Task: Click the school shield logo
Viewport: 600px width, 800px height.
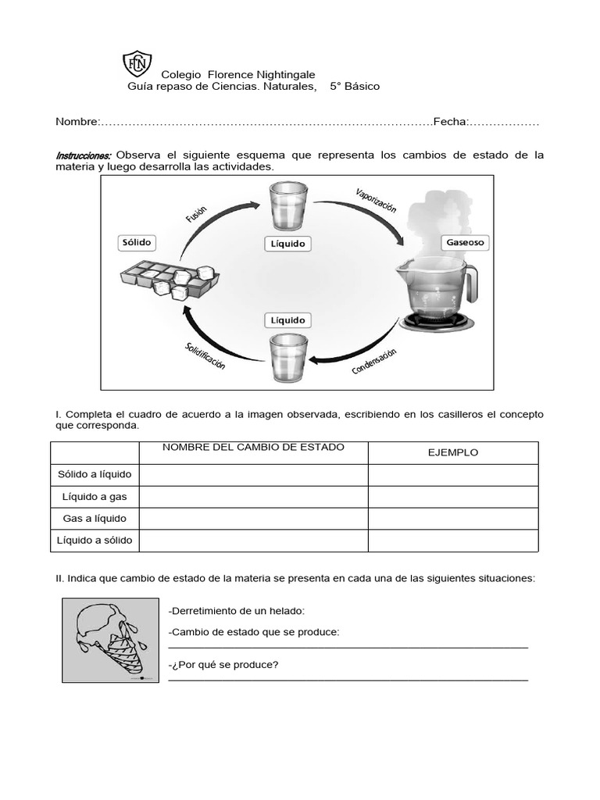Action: (135, 65)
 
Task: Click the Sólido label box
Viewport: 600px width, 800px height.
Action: (136, 243)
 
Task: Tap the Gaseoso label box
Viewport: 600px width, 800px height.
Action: (465, 243)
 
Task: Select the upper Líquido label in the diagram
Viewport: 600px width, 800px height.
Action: (287, 245)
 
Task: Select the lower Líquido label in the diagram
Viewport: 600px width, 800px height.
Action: (287, 320)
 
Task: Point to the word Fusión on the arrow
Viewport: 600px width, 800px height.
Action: (196, 214)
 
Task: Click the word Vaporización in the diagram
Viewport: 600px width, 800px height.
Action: (376, 200)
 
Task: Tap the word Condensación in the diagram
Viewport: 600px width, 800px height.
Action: (374, 361)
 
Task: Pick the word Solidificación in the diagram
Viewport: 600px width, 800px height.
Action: (205, 356)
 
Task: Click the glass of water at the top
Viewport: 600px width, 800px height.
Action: (287, 205)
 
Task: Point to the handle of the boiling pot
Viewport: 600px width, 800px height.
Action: (471, 282)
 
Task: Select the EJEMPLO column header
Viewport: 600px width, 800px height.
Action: (453, 452)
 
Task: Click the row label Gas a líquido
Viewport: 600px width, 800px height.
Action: (95, 518)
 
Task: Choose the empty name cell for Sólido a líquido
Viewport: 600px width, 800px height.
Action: (253, 474)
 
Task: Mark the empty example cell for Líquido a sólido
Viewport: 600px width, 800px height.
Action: (453, 540)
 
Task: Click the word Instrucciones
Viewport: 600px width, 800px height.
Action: (84, 155)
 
